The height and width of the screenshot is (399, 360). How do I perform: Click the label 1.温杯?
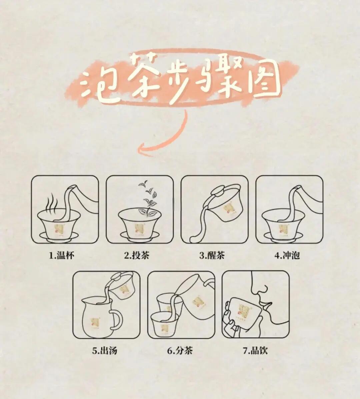pos(62,256)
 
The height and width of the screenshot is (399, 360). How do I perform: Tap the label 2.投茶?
pos(137,256)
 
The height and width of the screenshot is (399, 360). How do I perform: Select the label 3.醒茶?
pos(212,256)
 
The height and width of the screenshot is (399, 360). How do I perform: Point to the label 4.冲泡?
pos(287,256)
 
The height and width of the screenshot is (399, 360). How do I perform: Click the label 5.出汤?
pos(104,351)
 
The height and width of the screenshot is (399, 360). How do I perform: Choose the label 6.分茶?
pos(180,351)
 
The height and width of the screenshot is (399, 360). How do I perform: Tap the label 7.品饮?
pos(255,351)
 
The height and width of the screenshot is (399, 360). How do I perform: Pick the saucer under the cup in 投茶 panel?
pos(140,236)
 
